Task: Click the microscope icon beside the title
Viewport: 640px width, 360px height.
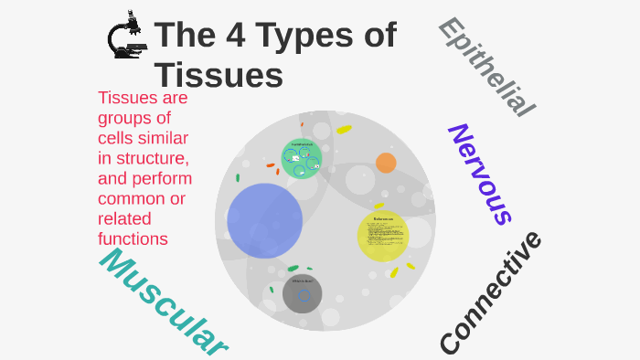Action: (126, 36)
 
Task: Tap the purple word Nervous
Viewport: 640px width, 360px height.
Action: (479, 174)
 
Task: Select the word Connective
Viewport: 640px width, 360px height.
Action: (490, 293)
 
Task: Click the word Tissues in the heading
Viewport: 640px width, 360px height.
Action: (219, 75)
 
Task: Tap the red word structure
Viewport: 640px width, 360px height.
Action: (149, 158)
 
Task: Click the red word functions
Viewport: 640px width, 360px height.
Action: (133, 238)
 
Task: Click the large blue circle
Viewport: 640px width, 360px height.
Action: (265, 220)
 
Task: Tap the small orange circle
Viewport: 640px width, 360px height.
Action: (386, 163)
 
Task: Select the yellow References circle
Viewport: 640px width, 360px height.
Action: (383, 236)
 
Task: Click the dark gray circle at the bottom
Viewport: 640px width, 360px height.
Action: (302, 293)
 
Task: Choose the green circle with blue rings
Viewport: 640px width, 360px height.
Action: (301, 158)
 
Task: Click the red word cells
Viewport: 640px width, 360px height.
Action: (120, 138)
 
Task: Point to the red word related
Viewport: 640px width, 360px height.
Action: (124, 218)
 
